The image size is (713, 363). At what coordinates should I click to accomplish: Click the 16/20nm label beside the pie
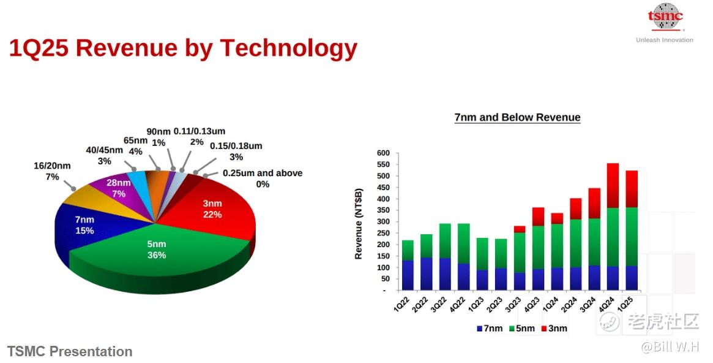[x=52, y=171]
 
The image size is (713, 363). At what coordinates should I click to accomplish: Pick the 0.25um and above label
[x=263, y=178]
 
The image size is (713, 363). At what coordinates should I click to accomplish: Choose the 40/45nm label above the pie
[x=104, y=155]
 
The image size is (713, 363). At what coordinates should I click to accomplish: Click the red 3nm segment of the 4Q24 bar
[x=613, y=185]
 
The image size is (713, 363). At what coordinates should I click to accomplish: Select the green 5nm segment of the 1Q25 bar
[x=632, y=237]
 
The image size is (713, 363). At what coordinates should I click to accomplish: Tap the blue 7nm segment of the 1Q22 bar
[x=408, y=275]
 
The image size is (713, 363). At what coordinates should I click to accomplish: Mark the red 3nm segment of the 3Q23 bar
[x=519, y=229]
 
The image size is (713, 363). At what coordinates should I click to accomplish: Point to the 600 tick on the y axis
[x=383, y=153]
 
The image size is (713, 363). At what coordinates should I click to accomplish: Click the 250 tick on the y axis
[x=383, y=233]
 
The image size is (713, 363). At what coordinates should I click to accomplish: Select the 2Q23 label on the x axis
[x=495, y=304]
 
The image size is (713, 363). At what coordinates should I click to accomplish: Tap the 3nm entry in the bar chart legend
[x=554, y=329]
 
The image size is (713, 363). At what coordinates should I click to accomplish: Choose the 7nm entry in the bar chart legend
[x=490, y=329]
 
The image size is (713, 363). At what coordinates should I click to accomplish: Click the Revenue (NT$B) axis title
[x=359, y=224]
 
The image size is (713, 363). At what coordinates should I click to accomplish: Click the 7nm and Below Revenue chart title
[x=518, y=118]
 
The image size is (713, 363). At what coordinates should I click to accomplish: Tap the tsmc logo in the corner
[x=665, y=17]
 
